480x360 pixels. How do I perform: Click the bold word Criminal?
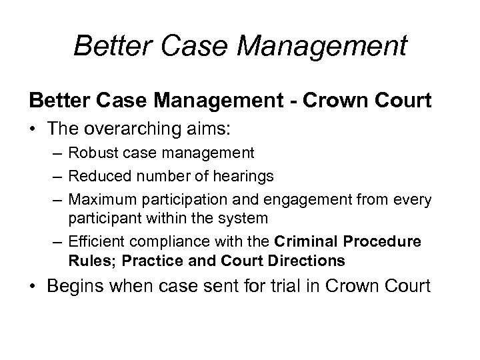click(304, 241)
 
